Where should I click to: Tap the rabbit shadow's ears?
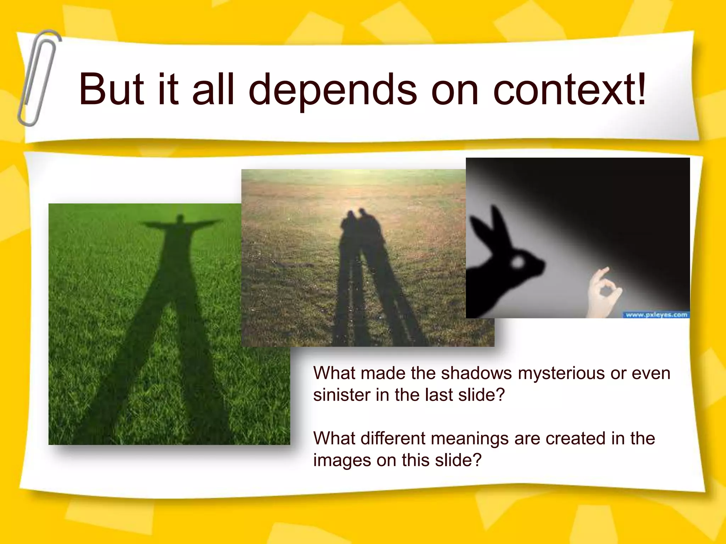tap(491, 227)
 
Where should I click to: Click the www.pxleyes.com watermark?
tap(656, 314)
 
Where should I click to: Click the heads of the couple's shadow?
tap(358, 216)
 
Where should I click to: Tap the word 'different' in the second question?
tap(392, 438)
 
